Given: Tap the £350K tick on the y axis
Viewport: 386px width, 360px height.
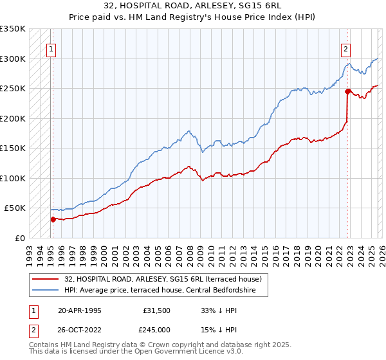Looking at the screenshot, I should click(13, 29).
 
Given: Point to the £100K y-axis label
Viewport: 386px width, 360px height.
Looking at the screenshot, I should click(13, 178).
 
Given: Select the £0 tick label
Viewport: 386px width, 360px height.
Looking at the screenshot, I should click(19, 238).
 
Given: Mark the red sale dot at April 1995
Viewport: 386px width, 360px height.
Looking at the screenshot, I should click(53, 219).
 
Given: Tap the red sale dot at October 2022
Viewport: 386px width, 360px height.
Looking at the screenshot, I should click(347, 92).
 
